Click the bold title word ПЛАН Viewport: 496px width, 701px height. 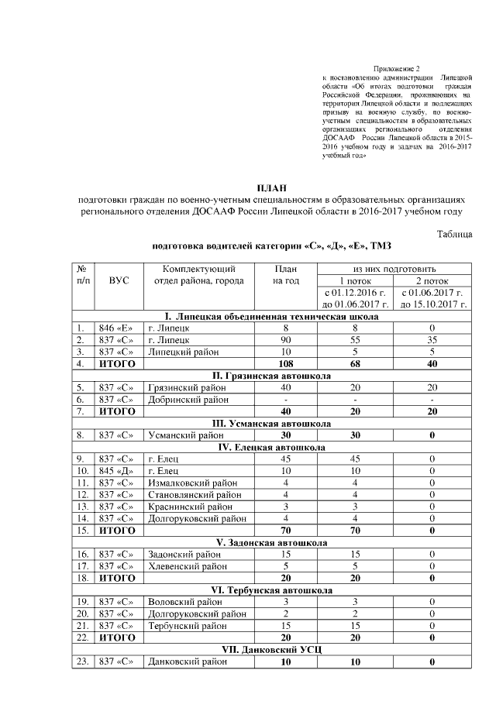pyautogui.click(x=271, y=187)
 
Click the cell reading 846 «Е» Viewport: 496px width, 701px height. pyautogui.click(x=116, y=328)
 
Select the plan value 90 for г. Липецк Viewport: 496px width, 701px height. pyautogui.click(x=285, y=340)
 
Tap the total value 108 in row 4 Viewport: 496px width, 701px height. pyautogui.click(x=285, y=363)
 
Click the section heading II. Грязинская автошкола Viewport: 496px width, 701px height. pyautogui.click(x=271, y=375)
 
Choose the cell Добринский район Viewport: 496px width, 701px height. pyautogui.click(x=188, y=399)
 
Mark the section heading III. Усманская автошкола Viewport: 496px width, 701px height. pyautogui.click(x=271, y=423)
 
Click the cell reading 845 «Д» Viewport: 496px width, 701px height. pyautogui.click(x=116, y=470)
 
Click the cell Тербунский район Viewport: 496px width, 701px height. pyautogui.click(x=184, y=625)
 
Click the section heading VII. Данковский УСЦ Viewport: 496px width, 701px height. pyautogui.click(x=271, y=649)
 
